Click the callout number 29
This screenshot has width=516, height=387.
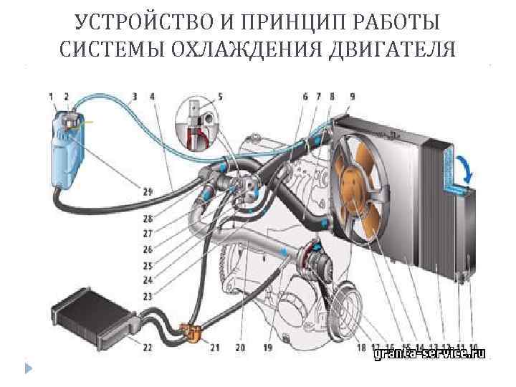tap(147, 191)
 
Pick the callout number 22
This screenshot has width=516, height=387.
tap(147, 348)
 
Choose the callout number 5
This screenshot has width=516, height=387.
tap(220, 95)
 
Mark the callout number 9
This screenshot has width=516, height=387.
tap(352, 96)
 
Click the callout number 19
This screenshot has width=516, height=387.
tap(267, 348)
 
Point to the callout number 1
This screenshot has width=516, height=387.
tap(51, 96)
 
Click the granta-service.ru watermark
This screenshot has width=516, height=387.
tap(429, 353)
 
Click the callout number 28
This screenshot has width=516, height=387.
tap(147, 218)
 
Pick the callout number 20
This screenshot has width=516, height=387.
tap(240, 348)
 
